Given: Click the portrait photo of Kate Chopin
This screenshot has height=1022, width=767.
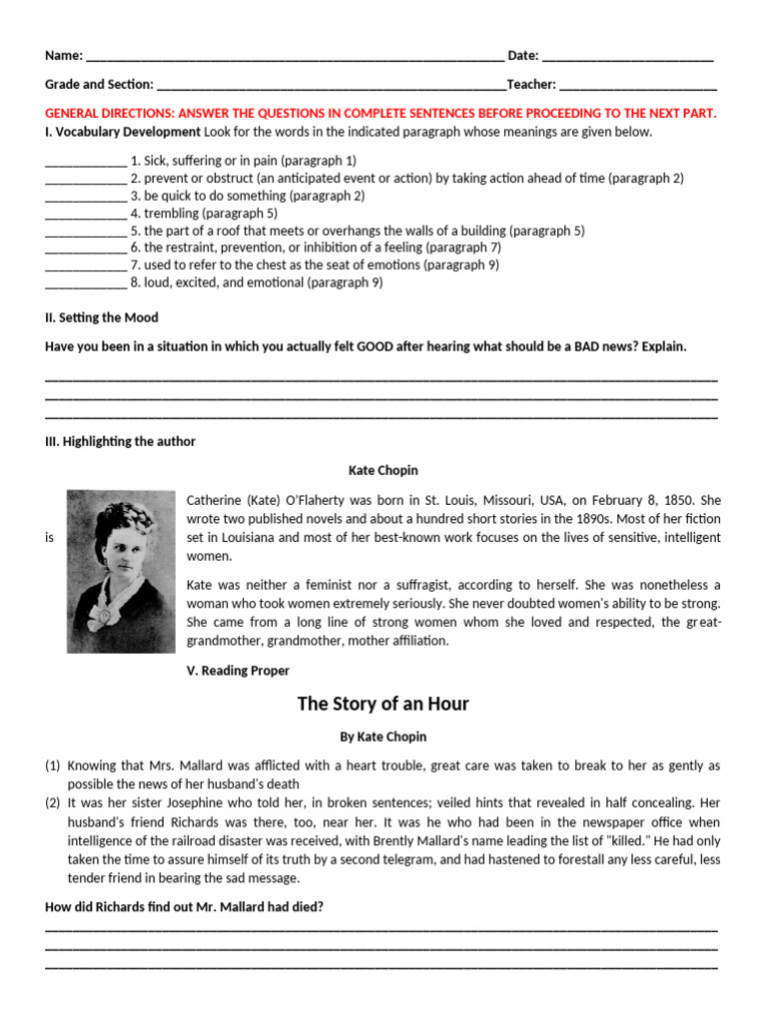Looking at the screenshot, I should coord(120,571).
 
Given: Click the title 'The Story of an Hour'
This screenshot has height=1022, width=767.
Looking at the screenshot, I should coord(383,704).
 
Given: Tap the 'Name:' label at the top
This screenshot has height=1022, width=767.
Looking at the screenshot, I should coord(65,56).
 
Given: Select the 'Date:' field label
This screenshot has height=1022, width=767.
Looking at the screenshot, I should coord(523,56).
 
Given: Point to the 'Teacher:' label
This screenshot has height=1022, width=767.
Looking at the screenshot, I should coord(531,85).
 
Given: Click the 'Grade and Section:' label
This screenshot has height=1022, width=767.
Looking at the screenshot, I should coord(99,85).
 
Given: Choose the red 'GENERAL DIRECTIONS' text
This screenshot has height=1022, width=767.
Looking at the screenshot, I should coord(381,114).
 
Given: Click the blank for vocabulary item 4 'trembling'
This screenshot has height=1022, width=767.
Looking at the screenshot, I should coord(86,214).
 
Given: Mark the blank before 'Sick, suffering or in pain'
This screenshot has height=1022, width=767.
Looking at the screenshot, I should coord(86,161).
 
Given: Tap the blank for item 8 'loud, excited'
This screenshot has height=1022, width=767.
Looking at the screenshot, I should coord(86,283).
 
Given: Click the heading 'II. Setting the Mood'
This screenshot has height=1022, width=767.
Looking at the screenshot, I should coord(102,317).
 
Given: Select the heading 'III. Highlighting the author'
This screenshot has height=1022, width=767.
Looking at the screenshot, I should coord(120,441).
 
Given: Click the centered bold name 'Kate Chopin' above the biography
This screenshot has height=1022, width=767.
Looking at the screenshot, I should coord(383,469).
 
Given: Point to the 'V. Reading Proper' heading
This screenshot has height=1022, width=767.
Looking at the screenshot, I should coord(238,671).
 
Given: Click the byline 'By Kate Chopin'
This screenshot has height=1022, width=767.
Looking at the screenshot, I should coord(383,737).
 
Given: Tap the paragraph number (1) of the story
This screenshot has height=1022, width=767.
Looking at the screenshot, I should coord(53,766).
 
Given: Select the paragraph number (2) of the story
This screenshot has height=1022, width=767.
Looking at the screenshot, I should coord(53,803).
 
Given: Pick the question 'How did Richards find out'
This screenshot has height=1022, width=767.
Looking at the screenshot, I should coord(185,906).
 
